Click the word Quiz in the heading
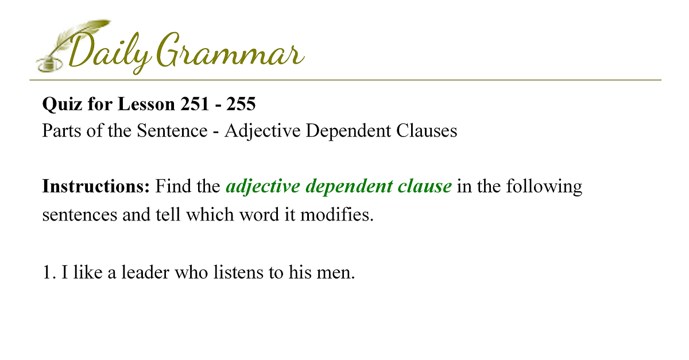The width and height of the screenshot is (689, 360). [x=62, y=104]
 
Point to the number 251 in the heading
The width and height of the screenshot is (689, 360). [x=195, y=104]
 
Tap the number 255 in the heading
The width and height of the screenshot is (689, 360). [x=241, y=104]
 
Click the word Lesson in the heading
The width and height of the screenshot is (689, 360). [x=146, y=104]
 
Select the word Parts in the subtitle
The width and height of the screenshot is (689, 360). [x=62, y=130]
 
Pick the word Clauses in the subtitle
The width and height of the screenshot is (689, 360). [x=427, y=130]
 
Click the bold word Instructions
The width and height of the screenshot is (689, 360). [x=96, y=186]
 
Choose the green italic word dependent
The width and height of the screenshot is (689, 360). [x=349, y=187]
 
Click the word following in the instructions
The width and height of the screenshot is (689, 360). [x=544, y=187]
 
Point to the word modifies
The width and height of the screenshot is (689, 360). [x=337, y=214]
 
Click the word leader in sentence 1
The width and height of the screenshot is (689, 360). [x=145, y=272]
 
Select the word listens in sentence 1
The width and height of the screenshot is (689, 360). [x=238, y=272]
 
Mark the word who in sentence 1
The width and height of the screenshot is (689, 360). [x=191, y=272]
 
